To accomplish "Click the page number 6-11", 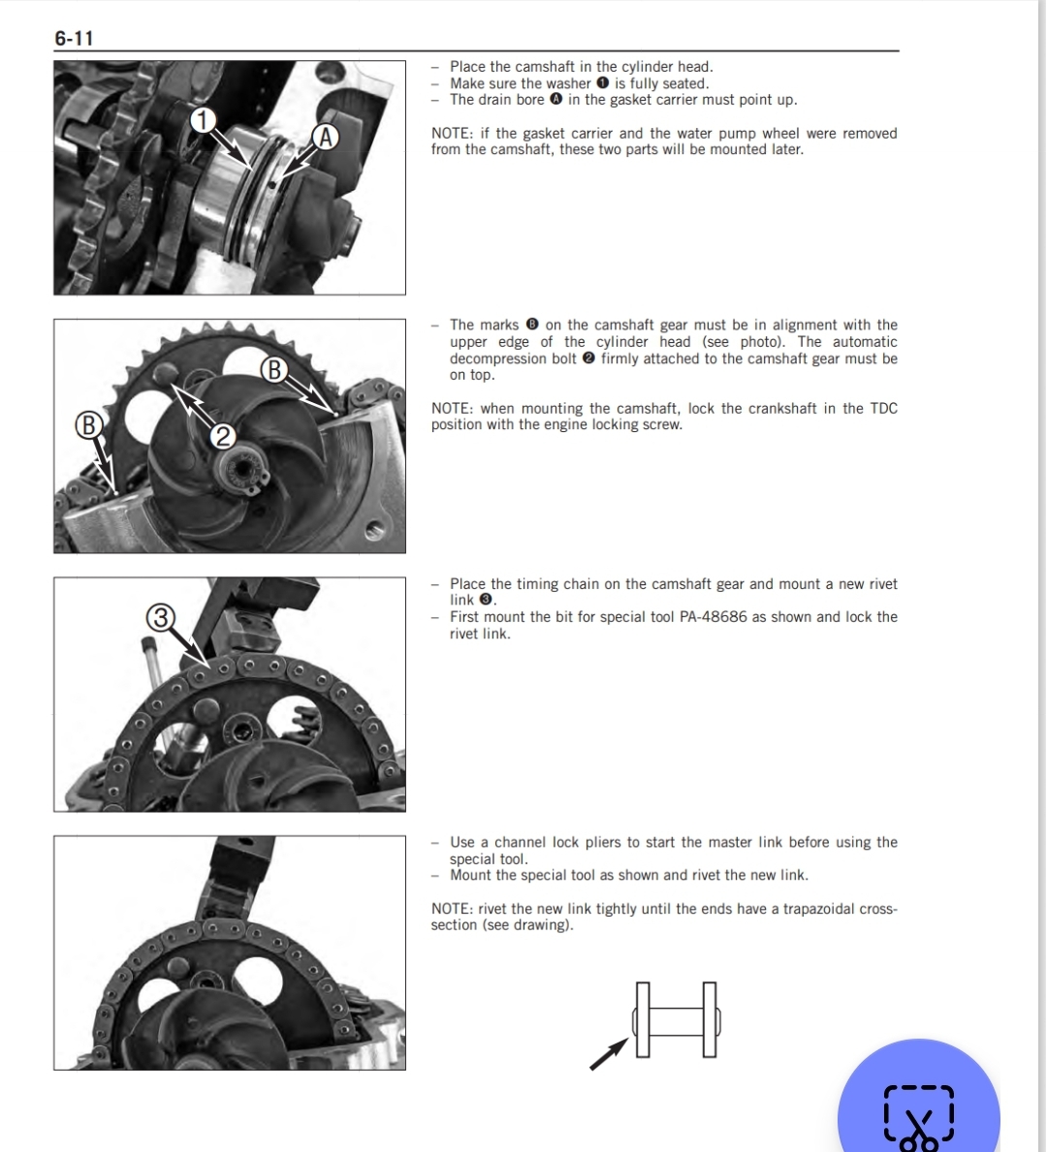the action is coord(74,38).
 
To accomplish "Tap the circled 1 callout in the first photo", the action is coord(203,120).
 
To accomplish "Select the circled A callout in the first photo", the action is coord(325,137).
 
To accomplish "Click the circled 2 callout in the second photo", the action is coord(222,437).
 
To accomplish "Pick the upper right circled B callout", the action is coord(273,369).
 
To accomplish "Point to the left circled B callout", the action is coord(88,425).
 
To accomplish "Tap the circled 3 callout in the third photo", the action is coord(160,618).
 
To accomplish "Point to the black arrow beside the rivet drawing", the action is coord(609,1053).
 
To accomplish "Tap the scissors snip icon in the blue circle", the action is coord(919,1117).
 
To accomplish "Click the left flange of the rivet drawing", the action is coord(643,1020).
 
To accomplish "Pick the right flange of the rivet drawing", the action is coord(710,1020).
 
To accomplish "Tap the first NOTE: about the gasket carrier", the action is coord(453,134).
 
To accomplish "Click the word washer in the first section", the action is coord(567,83).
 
